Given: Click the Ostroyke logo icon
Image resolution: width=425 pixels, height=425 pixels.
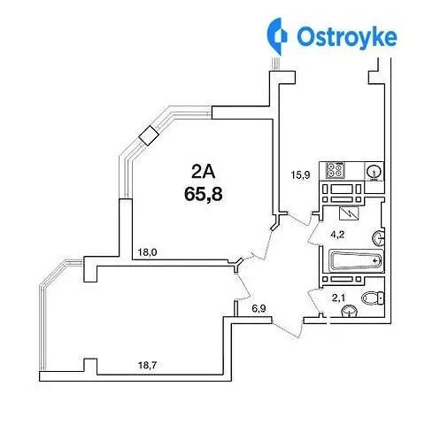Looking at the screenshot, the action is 277,36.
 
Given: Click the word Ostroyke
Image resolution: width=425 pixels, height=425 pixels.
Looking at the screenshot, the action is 347,37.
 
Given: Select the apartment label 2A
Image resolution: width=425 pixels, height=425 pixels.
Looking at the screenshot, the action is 204,171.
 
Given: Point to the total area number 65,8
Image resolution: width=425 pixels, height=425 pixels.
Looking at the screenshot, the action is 204,194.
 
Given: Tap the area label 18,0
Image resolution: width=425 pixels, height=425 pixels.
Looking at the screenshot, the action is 148,252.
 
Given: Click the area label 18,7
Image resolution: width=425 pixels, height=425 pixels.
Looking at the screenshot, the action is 148,366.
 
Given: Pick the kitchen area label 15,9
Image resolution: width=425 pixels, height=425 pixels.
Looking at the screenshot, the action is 300,175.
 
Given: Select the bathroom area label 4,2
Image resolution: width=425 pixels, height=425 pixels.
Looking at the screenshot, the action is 337,235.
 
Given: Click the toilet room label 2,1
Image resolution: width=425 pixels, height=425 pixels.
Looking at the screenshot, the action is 338,298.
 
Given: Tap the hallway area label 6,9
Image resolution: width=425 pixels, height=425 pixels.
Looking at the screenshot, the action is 259,309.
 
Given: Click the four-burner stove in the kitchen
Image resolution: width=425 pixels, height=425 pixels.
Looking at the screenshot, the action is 335,170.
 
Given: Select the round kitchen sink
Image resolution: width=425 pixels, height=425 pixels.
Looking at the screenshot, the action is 374,172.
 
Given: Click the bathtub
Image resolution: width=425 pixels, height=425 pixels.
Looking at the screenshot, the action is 355,261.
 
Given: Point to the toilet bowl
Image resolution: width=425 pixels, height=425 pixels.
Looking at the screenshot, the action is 373,297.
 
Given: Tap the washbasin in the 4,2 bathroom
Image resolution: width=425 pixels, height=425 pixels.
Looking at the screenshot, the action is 378,238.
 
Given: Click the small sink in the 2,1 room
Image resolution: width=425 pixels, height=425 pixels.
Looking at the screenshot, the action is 349,312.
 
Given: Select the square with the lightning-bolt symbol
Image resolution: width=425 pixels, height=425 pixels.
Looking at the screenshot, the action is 349,213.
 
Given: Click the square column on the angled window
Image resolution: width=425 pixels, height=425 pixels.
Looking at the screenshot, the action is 149,135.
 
